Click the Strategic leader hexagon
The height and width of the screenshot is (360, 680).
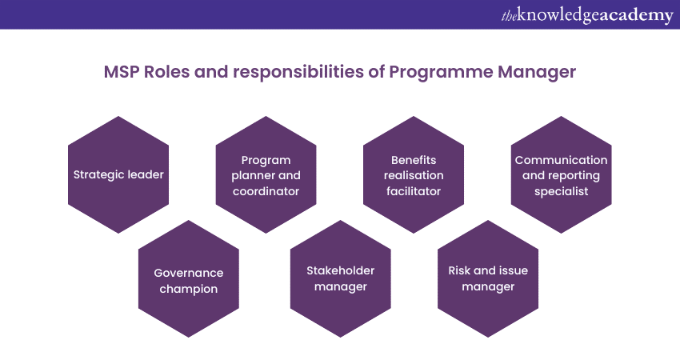(x=118, y=174)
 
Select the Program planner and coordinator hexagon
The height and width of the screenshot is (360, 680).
(x=266, y=174)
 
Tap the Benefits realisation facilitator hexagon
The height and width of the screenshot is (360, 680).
(x=414, y=174)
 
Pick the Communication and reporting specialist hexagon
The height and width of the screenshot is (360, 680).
(x=561, y=174)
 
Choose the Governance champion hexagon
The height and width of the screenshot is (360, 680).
(x=189, y=279)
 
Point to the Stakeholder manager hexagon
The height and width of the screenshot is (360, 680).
(x=341, y=279)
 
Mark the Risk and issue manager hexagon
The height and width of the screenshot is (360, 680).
(x=488, y=279)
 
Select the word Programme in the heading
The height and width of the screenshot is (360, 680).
(x=441, y=73)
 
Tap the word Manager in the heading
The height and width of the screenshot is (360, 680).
(x=537, y=73)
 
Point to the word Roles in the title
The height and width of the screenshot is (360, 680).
(x=167, y=71)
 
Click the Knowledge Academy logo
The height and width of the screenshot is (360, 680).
(x=587, y=15)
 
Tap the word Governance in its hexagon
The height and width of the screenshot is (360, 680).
(x=189, y=274)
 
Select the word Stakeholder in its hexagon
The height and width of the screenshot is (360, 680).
(x=341, y=270)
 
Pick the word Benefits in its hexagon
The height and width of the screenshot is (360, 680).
(x=414, y=160)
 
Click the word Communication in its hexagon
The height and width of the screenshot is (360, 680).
(x=561, y=160)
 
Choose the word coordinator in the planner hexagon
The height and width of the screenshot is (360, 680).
(x=266, y=191)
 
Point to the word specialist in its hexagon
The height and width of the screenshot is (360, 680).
(x=561, y=192)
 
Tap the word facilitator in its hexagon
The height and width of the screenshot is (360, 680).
(x=414, y=191)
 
